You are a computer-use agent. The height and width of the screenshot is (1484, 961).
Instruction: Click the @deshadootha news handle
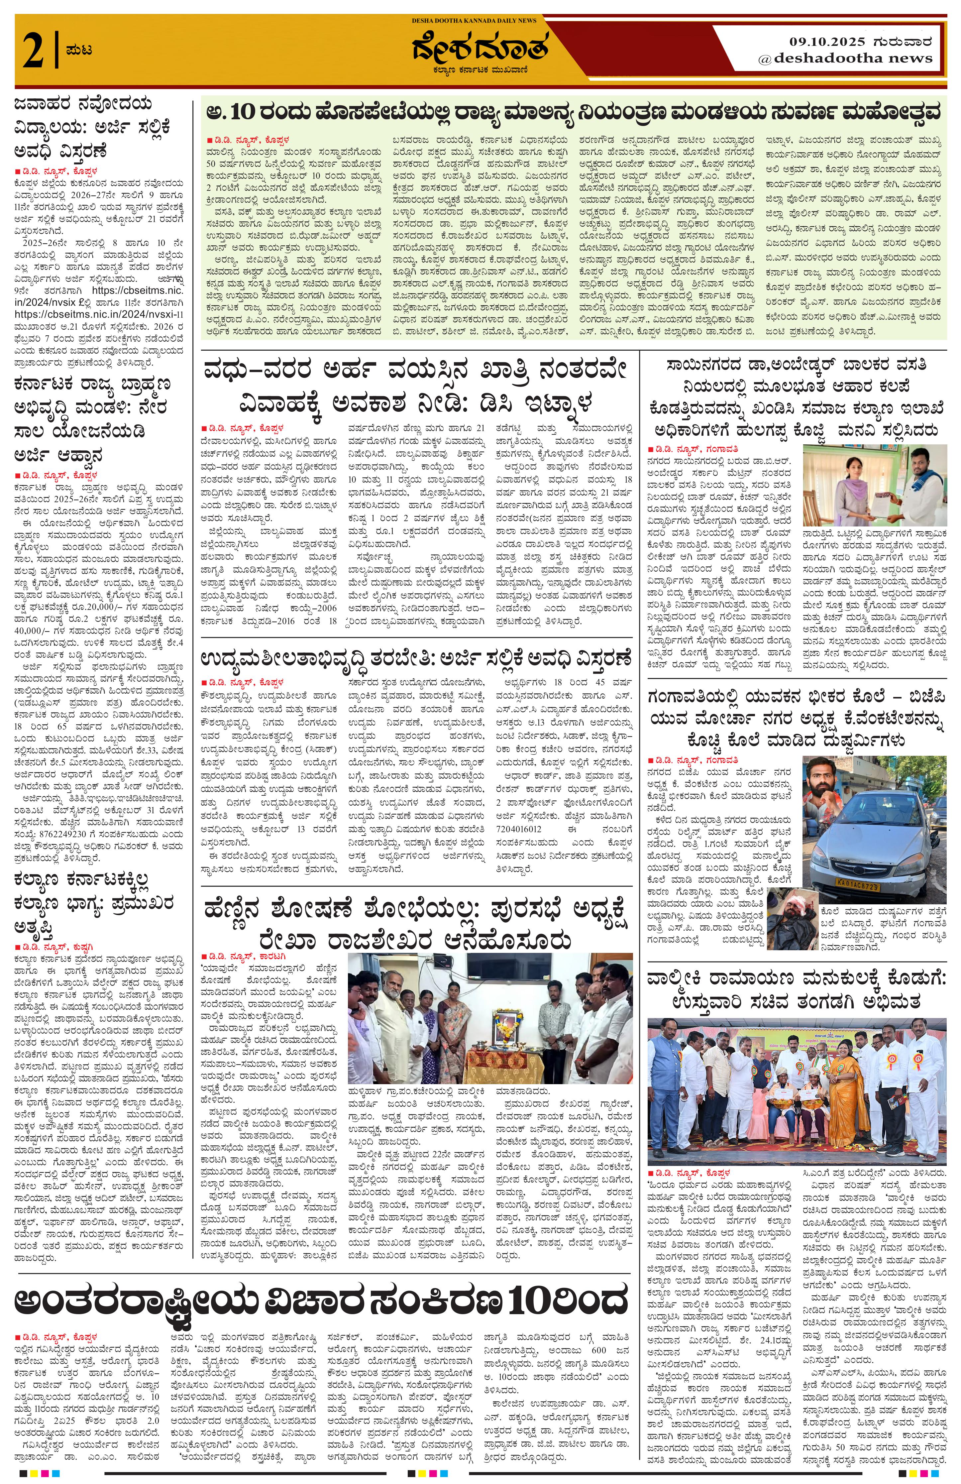844,58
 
